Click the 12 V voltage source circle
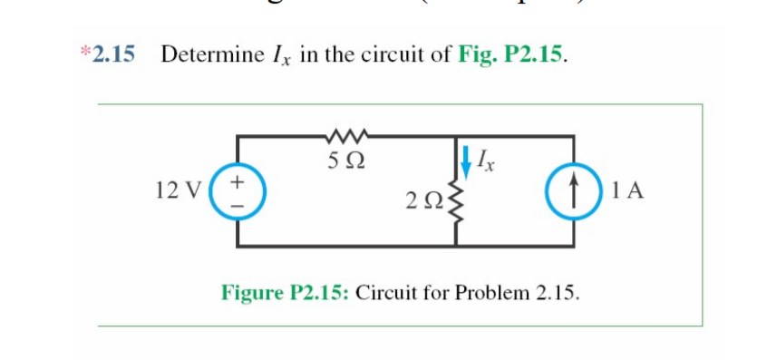click(x=238, y=191)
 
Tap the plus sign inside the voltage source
click(x=238, y=181)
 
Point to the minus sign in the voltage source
click(x=238, y=202)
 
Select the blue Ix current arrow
click(x=467, y=161)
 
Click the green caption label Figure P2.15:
click(x=287, y=293)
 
